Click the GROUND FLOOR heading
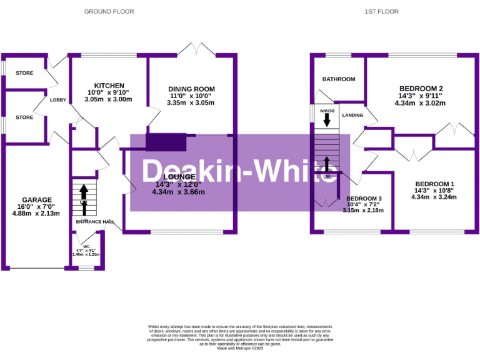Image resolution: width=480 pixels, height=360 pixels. (109, 11)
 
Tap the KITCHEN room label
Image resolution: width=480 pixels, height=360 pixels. (109, 86)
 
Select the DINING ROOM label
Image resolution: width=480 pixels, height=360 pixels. (191, 89)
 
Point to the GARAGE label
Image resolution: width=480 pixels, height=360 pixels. (37, 200)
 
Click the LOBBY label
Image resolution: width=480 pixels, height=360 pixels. (58, 100)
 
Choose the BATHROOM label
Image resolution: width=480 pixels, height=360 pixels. (339, 79)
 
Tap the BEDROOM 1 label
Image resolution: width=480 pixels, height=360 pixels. (434, 183)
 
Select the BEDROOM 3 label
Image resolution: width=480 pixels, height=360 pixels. (363, 197)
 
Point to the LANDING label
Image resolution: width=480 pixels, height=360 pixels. (352, 116)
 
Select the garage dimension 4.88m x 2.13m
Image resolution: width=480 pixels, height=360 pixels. (37, 213)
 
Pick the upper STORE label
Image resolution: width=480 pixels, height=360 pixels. (24, 73)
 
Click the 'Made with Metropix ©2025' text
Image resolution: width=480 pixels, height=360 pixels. (240, 348)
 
